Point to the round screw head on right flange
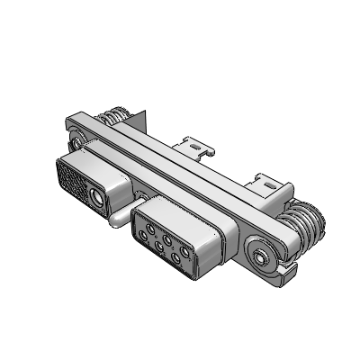(x=262, y=256)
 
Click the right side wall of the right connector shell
(x=214, y=249)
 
